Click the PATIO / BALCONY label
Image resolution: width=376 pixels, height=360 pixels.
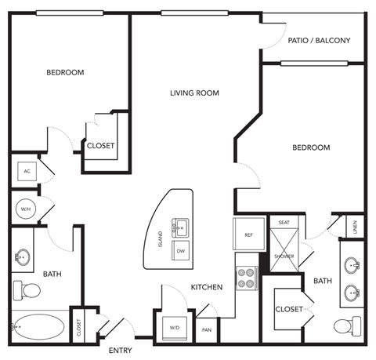coord(318,40)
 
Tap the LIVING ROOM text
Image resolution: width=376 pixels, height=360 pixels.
coord(194,93)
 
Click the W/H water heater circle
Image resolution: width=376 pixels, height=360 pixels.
coord(25,209)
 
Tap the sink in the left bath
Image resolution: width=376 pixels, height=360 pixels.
coord(23,257)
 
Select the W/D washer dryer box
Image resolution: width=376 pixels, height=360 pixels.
coord(174,326)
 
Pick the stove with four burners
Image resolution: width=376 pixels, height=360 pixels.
coord(247,276)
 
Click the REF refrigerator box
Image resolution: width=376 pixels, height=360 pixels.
coord(248,235)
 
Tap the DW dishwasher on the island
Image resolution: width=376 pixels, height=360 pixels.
coord(181,251)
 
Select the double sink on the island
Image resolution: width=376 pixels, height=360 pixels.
coord(181,229)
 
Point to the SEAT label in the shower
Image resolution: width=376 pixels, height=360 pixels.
coord(284,223)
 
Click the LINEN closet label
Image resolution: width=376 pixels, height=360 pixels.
coord(355,227)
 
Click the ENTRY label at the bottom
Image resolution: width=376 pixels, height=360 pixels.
coord(121,350)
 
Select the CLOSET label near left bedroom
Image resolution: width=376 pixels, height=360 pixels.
coord(100,146)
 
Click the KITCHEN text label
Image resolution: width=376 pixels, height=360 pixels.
coord(207,288)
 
